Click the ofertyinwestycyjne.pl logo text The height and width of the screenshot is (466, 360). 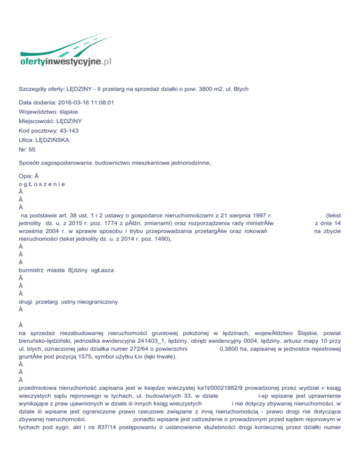click(66, 61)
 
